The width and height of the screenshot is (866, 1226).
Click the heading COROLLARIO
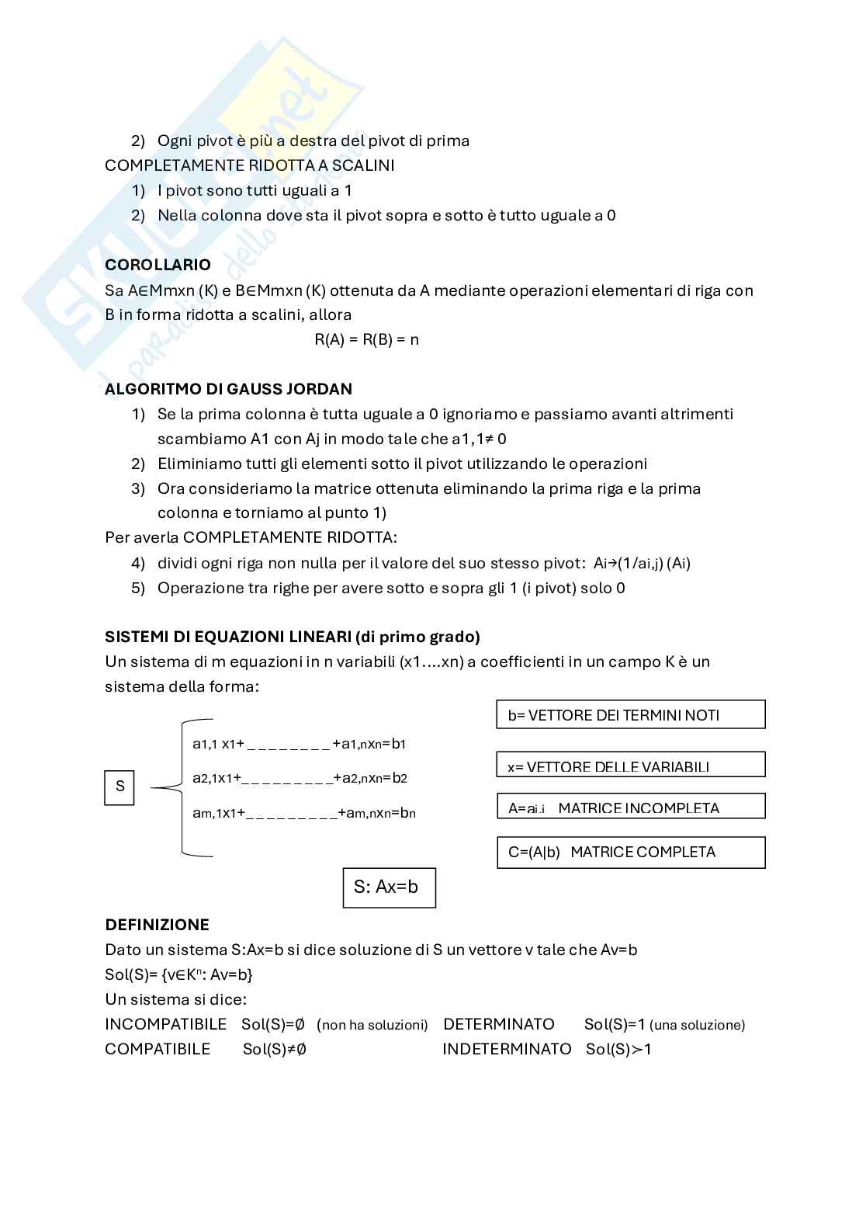coord(158,265)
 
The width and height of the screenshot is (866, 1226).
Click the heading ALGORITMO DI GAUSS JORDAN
coord(228,389)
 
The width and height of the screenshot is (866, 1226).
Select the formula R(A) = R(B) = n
coord(366,339)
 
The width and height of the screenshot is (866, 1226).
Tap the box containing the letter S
coord(120,787)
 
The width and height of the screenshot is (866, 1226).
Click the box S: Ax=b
coord(389,887)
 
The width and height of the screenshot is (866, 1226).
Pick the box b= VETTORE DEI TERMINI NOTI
coord(630,715)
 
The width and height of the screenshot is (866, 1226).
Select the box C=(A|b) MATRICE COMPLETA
coord(630,852)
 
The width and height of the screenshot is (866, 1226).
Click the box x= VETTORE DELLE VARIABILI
coord(630,766)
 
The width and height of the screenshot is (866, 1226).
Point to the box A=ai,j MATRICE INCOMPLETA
coord(630,807)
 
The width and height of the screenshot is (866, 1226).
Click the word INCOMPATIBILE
coord(165,1024)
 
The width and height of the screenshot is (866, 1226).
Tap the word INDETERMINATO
coord(507,1049)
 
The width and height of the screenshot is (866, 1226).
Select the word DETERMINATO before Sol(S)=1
coord(499,1024)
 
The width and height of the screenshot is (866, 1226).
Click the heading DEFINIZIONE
coord(157,925)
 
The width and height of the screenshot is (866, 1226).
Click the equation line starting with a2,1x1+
coord(300,778)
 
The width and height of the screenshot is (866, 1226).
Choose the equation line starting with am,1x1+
coord(303,814)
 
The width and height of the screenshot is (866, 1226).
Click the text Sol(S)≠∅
coord(275,1050)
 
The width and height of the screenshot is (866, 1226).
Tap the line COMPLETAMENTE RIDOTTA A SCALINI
coord(249,165)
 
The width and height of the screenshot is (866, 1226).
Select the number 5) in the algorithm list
coord(138,589)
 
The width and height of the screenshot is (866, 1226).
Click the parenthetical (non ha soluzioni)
coord(372,1025)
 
